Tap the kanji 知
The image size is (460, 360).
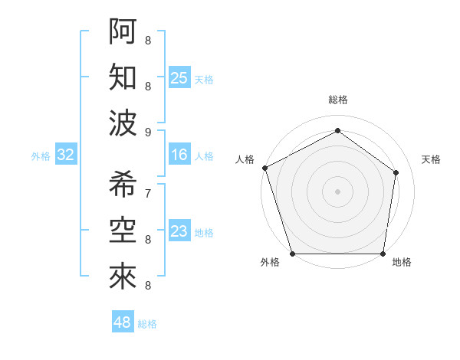pyautogui.click(x=123, y=77)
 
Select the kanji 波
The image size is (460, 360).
pyautogui.click(x=123, y=123)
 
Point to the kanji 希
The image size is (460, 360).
pyautogui.click(x=123, y=184)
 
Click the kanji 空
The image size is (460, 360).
pyautogui.click(x=123, y=230)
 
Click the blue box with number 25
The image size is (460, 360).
pyautogui.click(x=179, y=77)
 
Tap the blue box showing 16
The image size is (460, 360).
pyautogui.click(x=179, y=155)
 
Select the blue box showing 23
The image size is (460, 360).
pyautogui.click(x=179, y=231)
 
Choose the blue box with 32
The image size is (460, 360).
pyautogui.click(x=66, y=155)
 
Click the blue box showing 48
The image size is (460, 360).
pyautogui.click(x=123, y=322)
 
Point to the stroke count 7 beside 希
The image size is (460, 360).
pyautogui.click(x=148, y=193)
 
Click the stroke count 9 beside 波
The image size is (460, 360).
pyautogui.click(x=148, y=132)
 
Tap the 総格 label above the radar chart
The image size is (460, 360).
pyautogui.click(x=338, y=100)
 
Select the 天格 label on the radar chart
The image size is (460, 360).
pyautogui.click(x=431, y=159)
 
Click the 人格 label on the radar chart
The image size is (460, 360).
pyautogui.click(x=245, y=159)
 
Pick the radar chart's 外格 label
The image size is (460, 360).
pyautogui.click(x=270, y=262)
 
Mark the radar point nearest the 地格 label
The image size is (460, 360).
pyautogui.click(x=383, y=254)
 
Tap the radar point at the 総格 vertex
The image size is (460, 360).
pyautogui.click(x=338, y=131)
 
